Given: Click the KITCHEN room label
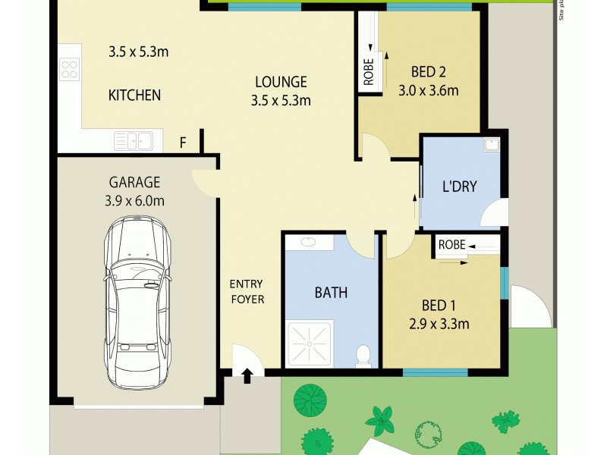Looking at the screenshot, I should (134, 96).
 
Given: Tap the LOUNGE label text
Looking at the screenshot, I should (281, 82).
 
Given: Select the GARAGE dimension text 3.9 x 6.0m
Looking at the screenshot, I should (134, 200).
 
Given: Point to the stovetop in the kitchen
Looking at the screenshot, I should (70, 70).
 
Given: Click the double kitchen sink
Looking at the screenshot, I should (133, 140).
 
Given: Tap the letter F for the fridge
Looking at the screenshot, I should (182, 142).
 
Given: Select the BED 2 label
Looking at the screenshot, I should (429, 73).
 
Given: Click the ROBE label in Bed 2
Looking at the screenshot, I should (369, 72).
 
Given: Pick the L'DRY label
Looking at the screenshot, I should (460, 186).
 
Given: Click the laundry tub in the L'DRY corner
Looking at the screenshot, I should (491, 145).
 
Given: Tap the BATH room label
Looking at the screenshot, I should (331, 292).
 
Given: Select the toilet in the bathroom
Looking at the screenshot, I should (363, 354).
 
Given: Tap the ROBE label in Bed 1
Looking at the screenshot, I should (451, 245).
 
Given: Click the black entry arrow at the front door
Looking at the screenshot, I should (247, 375).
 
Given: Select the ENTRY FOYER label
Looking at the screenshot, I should (247, 291).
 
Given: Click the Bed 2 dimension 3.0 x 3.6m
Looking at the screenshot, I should (429, 91).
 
